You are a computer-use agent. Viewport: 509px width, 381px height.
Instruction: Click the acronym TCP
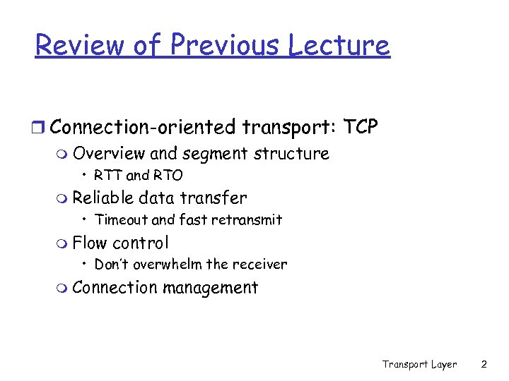(361, 127)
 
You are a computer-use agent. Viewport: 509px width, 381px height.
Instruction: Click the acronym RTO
(168, 175)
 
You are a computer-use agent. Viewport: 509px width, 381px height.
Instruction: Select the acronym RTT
(107, 175)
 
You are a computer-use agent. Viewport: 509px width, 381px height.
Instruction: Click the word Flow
(89, 243)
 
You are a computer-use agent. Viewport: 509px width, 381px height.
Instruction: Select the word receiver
(258, 265)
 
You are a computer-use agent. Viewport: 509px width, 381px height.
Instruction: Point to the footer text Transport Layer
(419, 364)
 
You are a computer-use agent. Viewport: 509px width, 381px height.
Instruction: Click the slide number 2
(484, 364)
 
